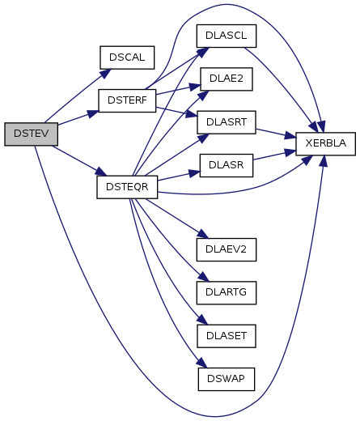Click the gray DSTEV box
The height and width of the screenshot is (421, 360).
pos(31,134)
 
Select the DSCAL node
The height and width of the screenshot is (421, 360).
pos(127,57)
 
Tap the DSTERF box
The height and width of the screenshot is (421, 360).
pos(127,100)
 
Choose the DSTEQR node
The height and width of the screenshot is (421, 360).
pos(127,187)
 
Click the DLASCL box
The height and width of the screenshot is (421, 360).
pos(227,36)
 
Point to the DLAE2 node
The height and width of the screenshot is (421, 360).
pos(227,79)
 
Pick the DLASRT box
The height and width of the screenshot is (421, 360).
pos(227,122)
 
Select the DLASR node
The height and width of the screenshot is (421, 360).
pos(227,165)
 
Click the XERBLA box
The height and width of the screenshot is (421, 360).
pos(325,144)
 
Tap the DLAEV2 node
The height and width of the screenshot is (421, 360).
pos(227,249)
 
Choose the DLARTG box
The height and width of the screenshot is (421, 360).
pos(227,293)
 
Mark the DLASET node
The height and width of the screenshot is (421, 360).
pos(227,336)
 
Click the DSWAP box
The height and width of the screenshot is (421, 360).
pos(227,379)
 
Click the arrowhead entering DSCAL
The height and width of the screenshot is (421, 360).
pos(106,74)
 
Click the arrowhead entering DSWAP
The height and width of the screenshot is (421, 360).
pos(202,364)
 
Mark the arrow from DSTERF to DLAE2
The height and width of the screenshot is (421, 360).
pos(178,90)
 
